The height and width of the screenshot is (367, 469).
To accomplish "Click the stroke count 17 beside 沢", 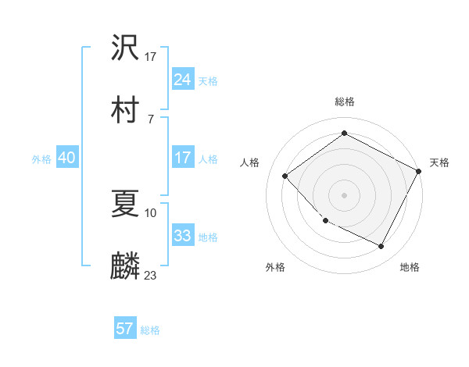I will pyautogui.click(x=151, y=56).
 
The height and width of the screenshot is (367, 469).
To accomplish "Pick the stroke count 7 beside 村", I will pyautogui.click(x=150, y=119).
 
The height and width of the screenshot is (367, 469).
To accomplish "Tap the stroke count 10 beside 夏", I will pyautogui.click(x=151, y=212).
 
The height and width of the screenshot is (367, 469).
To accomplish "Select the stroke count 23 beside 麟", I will pyautogui.click(x=151, y=275).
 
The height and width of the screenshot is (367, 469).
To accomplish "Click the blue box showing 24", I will pyautogui.click(x=183, y=80).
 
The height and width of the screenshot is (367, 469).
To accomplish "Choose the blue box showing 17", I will pyautogui.click(x=183, y=158).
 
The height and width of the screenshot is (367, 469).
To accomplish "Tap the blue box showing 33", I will pyautogui.click(x=183, y=236).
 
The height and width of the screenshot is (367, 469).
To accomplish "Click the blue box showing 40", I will pyautogui.click(x=66, y=158).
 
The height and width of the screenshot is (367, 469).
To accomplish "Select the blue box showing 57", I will pyautogui.click(x=125, y=329).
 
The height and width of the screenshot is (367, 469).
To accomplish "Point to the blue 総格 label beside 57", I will pyautogui.click(x=150, y=330).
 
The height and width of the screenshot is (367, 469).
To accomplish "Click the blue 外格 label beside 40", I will pyautogui.click(x=41, y=159).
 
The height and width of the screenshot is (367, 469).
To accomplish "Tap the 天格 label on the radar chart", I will pyautogui.click(x=439, y=162).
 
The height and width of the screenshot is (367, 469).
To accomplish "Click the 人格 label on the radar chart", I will pyautogui.click(x=250, y=162).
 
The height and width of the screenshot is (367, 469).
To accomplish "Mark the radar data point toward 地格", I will pyautogui.click(x=381, y=247).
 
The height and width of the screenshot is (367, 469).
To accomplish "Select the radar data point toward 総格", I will pyautogui.click(x=344, y=134).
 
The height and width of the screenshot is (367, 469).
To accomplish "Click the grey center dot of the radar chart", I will pyautogui.click(x=344, y=194).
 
